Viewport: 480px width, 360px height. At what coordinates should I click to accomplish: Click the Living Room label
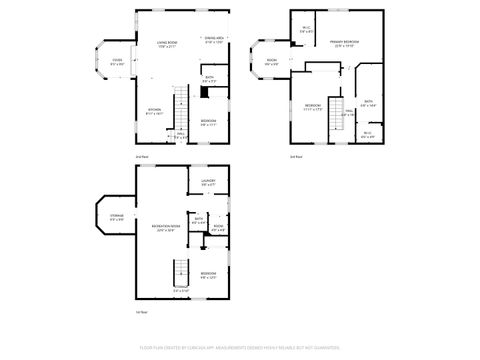point(167,45)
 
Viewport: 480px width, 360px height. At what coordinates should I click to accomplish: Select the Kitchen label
point(155,112)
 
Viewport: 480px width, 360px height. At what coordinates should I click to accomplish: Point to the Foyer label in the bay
point(117,62)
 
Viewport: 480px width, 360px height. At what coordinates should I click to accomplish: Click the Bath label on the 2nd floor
point(209,79)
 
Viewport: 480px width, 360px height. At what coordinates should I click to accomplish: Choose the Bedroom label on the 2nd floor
point(208,122)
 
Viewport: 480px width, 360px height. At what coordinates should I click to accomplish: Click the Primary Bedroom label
point(345,43)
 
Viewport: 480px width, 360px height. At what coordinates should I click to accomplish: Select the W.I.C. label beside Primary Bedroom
point(307,30)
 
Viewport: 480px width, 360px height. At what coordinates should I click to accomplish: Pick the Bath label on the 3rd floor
point(368,103)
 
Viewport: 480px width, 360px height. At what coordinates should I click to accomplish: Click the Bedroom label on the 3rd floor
point(313,107)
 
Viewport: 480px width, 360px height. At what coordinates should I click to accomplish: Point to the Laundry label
point(208,183)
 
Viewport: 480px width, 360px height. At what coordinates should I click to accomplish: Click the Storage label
point(116,217)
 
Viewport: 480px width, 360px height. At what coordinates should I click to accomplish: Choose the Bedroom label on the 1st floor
point(208,275)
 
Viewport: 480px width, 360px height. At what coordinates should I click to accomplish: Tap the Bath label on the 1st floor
point(199,220)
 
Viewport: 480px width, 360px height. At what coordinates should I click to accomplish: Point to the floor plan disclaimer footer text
point(240,350)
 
